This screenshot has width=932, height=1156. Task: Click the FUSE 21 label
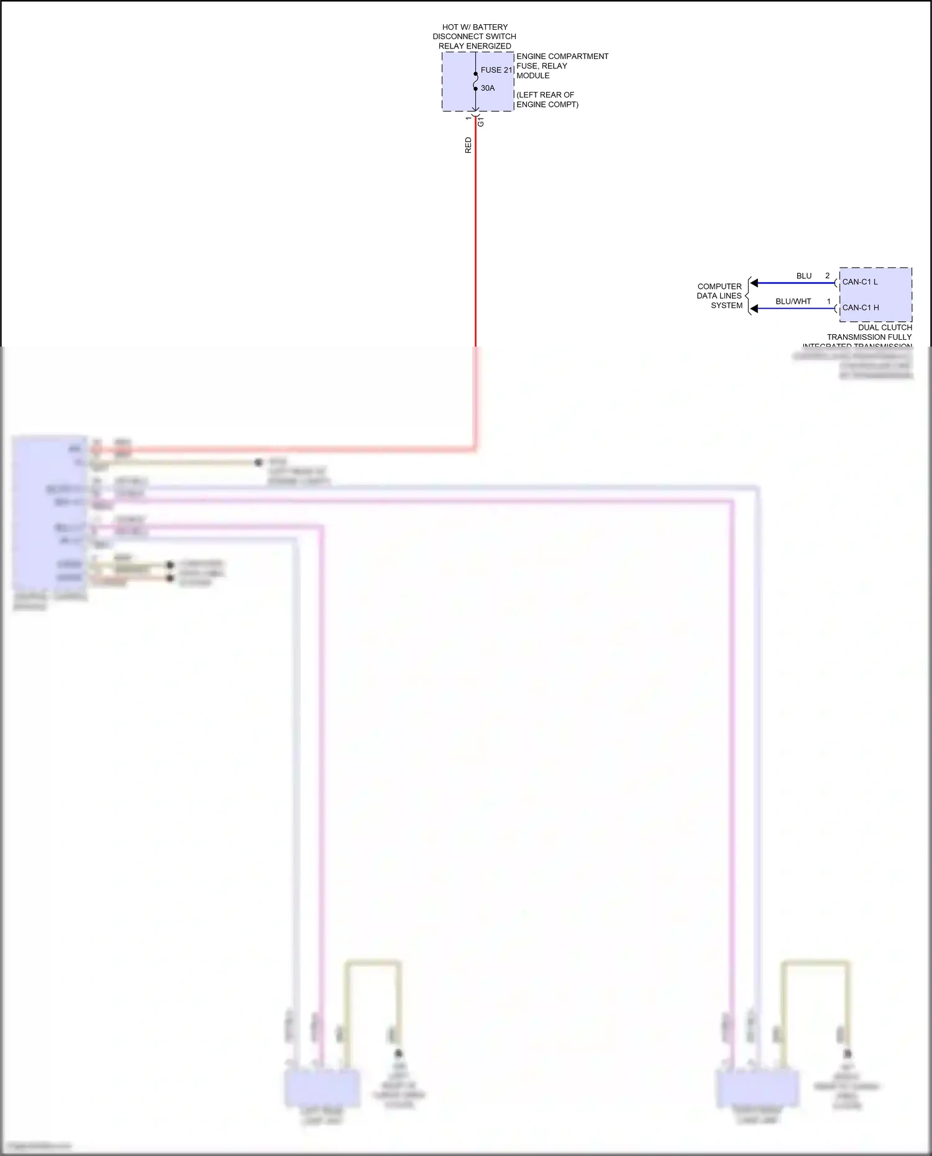click(496, 70)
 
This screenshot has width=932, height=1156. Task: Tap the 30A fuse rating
click(488, 88)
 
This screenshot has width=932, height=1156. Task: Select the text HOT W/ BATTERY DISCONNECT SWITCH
click(475, 32)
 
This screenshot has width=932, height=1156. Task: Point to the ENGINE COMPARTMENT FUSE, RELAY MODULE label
click(562, 66)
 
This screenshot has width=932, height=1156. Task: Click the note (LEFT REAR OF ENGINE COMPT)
click(547, 100)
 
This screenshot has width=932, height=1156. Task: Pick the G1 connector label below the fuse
click(481, 122)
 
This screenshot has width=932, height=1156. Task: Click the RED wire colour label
click(468, 145)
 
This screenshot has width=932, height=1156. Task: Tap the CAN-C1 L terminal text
click(860, 282)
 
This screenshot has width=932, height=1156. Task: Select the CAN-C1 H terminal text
click(861, 307)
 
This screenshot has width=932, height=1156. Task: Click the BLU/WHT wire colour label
click(793, 301)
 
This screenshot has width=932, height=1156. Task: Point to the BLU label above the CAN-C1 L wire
click(804, 276)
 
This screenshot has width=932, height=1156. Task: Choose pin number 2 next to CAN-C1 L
click(828, 276)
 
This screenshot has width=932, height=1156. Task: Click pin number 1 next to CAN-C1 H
click(829, 301)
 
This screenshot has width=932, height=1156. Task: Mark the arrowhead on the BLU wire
click(754, 283)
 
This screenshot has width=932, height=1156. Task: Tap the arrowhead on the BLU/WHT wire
click(754, 309)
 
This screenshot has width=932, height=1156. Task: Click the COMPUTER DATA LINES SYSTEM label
click(720, 296)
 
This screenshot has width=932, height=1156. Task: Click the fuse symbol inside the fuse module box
click(476, 81)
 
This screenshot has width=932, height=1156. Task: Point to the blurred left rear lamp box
click(322, 1088)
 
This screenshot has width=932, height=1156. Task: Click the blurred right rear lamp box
click(757, 1089)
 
